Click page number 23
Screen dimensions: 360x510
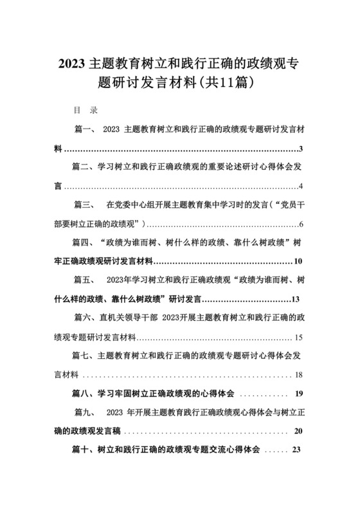coord(296,450)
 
